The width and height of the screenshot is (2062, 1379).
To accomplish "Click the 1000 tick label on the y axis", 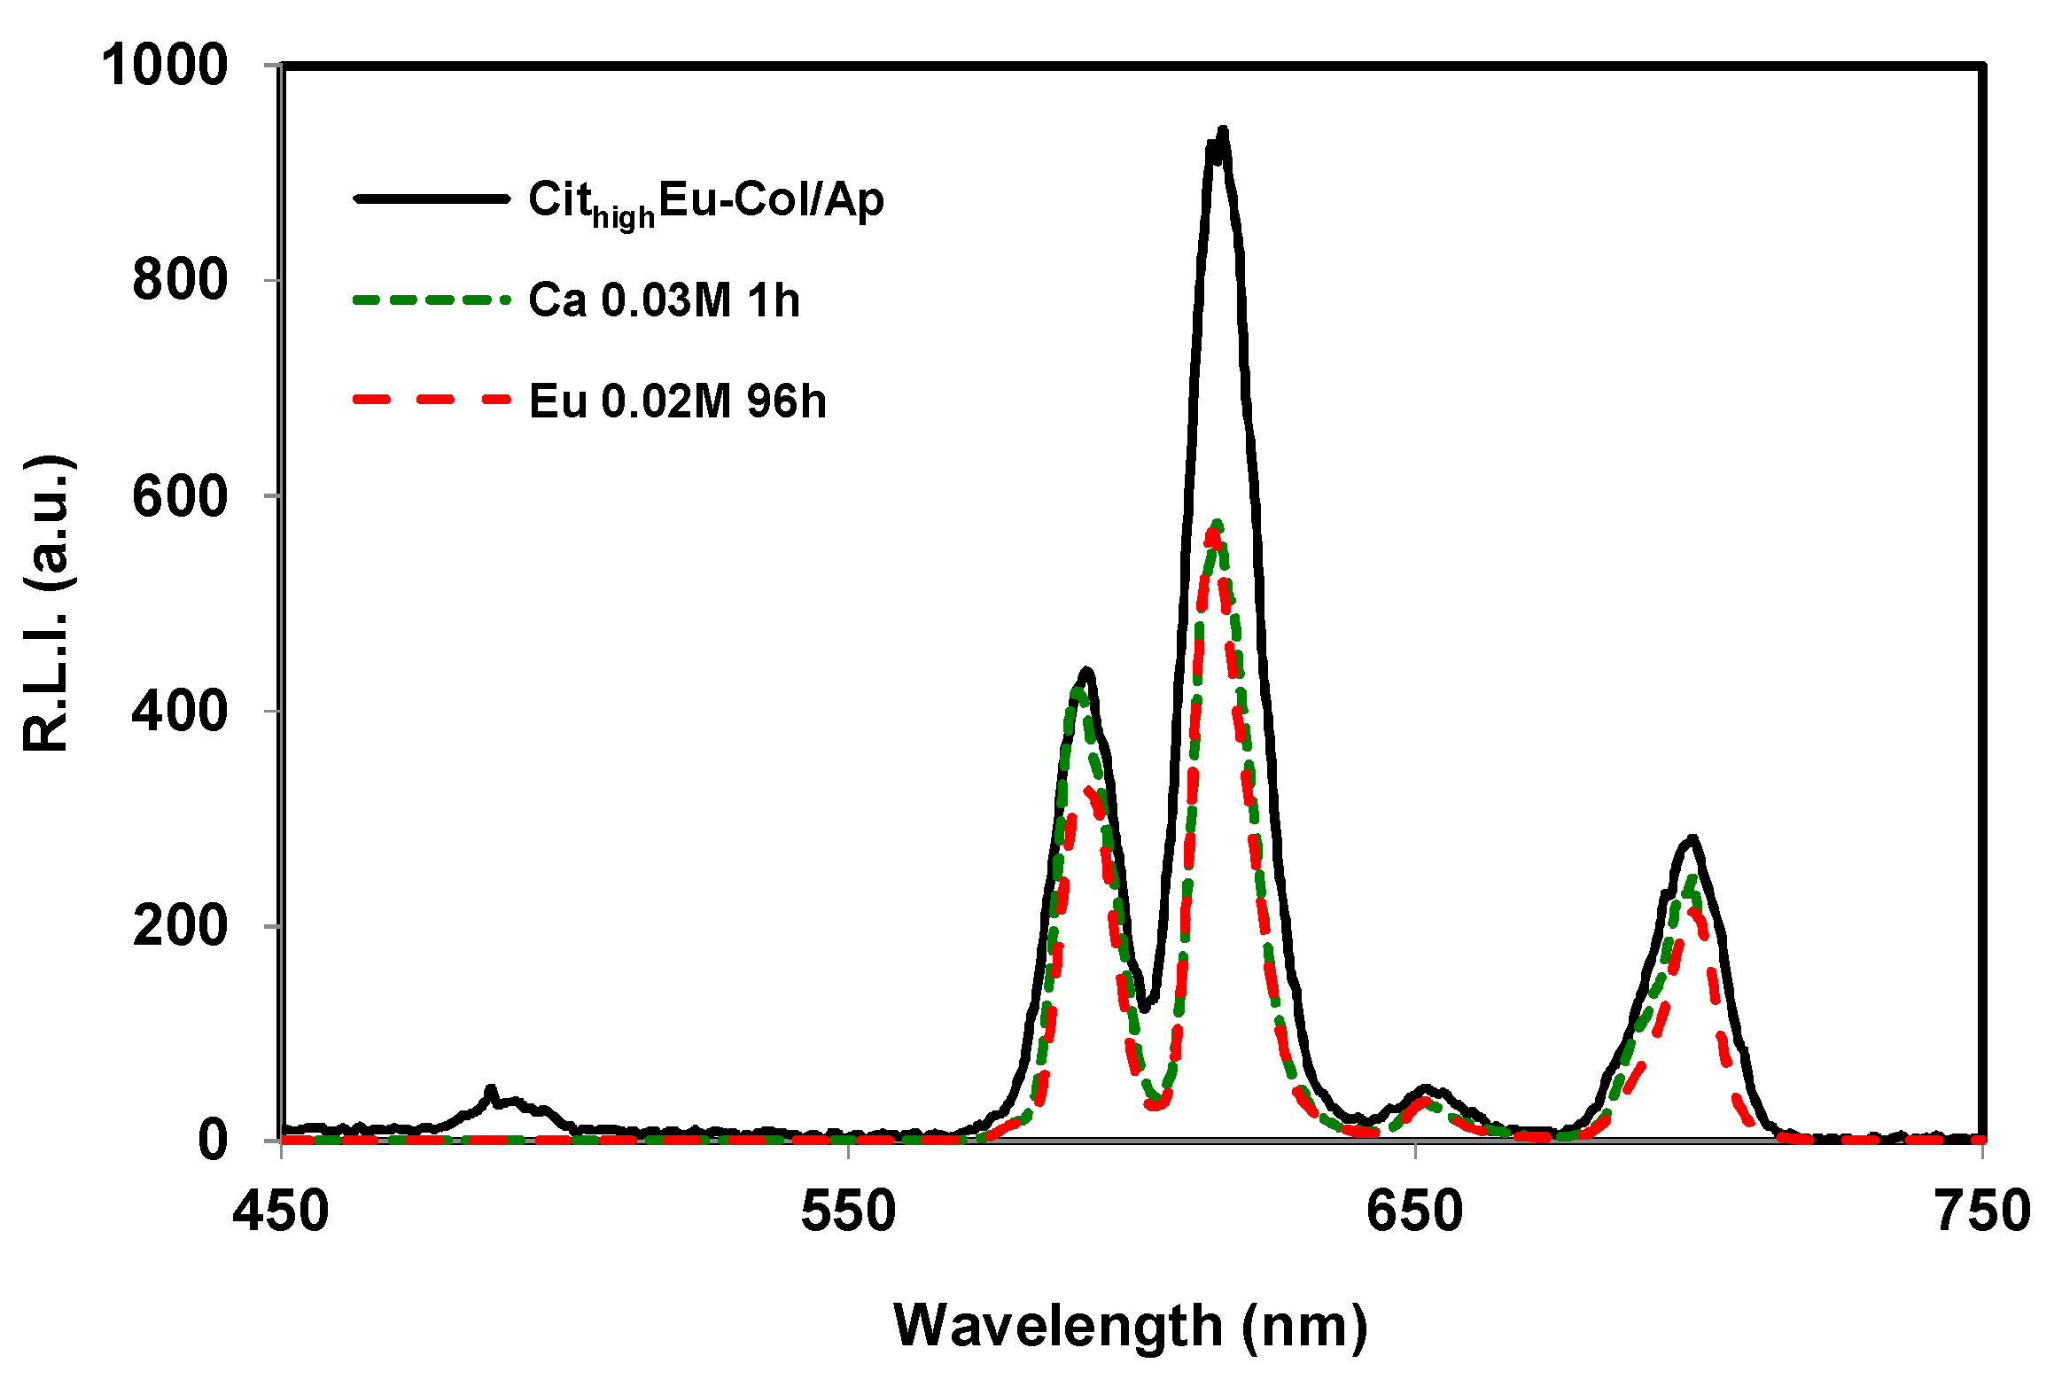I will pos(165,66).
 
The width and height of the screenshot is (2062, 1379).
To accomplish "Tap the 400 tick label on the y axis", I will pos(180,711).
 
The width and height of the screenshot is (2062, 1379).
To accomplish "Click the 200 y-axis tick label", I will pos(180,926).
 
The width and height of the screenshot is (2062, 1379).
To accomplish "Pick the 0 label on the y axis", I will pos(213,1141).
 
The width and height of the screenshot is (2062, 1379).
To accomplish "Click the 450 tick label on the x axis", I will pos(281,1211).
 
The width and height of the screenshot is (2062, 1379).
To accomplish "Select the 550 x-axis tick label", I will pos(848,1211).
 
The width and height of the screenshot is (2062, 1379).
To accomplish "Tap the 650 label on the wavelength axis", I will pos(1415,1211).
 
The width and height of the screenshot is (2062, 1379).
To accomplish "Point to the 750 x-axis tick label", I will pos(1983,1211).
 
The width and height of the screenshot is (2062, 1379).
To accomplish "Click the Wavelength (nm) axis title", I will pos(1131,1326).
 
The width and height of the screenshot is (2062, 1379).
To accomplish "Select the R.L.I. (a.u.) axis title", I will pos(49,603).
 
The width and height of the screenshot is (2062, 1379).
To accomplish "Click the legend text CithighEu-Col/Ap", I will pos(705,200).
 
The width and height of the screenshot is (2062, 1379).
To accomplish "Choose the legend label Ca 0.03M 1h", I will pos(664,300).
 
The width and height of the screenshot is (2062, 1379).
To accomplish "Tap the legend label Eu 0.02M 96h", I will pos(677,401).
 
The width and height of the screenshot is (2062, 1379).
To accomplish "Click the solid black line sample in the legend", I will pos(432,199).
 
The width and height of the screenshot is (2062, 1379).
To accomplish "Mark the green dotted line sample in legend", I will pos(432,300).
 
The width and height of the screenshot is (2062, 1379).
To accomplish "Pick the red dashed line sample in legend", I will pos(432,401).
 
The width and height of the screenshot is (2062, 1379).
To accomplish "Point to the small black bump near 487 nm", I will pos(491,1090).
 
